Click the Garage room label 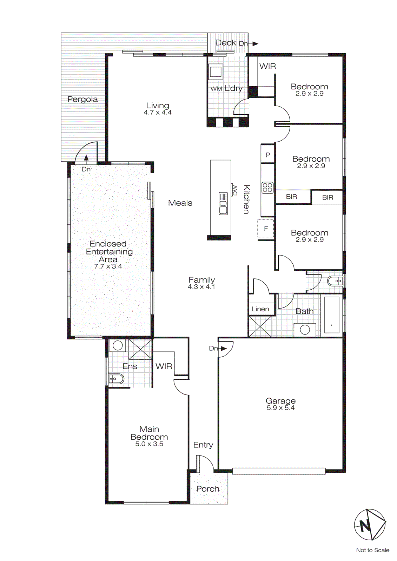click(x=280, y=401)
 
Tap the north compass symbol click(x=370, y=525)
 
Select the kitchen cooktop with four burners click(x=267, y=188)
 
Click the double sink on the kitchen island click(x=223, y=203)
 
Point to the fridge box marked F click(x=266, y=229)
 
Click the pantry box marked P click(x=268, y=155)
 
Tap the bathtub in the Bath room click(x=331, y=315)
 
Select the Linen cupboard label click(x=260, y=309)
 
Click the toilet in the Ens click(x=116, y=379)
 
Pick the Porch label click(x=208, y=489)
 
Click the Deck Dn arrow click(x=255, y=44)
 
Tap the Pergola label click(x=82, y=99)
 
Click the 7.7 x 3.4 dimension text click(x=108, y=266)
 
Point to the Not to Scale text click(x=372, y=550)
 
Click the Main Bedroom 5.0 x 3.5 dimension click(x=149, y=444)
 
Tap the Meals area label click(x=180, y=203)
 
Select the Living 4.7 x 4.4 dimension click(x=158, y=113)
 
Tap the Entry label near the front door click(x=203, y=445)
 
